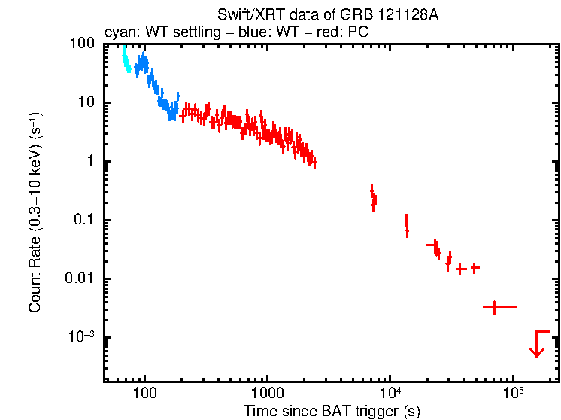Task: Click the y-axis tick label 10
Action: [x=87, y=103]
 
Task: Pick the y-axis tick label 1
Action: [x=90, y=162]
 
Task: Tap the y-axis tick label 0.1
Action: [x=85, y=221]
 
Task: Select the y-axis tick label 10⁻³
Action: [x=83, y=337]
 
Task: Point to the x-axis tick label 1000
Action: [x=266, y=394]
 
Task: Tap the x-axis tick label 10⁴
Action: [x=390, y=392]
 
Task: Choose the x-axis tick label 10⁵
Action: [x=513, y=392]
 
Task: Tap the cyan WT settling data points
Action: [x=126, y=60]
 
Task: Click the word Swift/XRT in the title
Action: [x=246, y=14]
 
